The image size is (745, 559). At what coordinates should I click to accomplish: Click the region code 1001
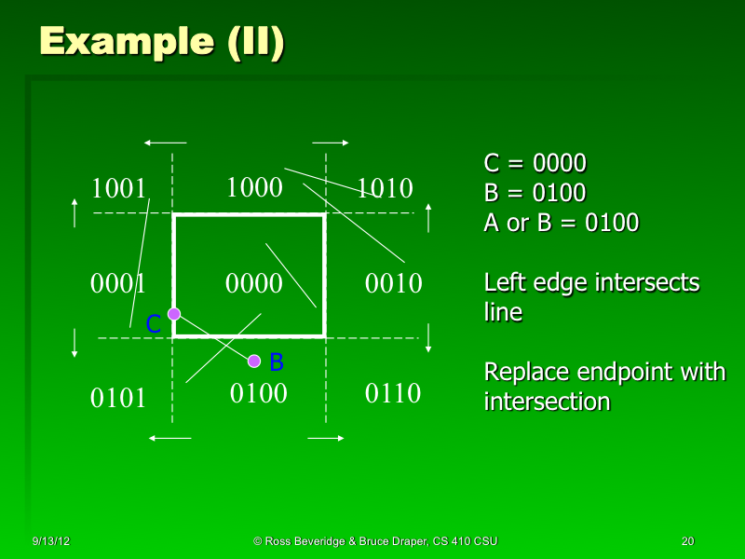[x=119, y=189]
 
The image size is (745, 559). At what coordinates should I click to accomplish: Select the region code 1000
[x=254, y=188]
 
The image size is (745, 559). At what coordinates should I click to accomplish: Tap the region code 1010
[x=386, y=189]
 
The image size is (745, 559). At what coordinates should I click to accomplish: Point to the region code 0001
[x=117, y=282]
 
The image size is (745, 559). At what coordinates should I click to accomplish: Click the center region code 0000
[x=254, y=282]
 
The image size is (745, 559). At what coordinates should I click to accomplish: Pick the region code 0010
[x=394, y=282]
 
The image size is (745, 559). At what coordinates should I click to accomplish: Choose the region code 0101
[x=118, y=398]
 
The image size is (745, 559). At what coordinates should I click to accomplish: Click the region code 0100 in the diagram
[x=258, y=393]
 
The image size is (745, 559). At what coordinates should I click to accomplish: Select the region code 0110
[x=392, y=393]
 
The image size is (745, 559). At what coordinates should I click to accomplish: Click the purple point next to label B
[x=254, y=361]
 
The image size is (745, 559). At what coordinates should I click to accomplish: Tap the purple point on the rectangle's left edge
[x=173, y=314]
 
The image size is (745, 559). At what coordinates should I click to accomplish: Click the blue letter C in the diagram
[x=154, y=324]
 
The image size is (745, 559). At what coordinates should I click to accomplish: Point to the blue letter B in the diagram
[x=277, y=361]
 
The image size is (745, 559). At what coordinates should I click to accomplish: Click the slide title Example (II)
[x=161, y=42]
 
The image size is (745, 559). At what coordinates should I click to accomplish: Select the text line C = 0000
[x=535, y=164]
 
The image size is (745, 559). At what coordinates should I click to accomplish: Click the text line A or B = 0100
[x=561, y=224]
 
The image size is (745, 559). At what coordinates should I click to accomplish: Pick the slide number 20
[x=687, y=541]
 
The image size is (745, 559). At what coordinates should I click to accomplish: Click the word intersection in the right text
[x=547, y=402]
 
